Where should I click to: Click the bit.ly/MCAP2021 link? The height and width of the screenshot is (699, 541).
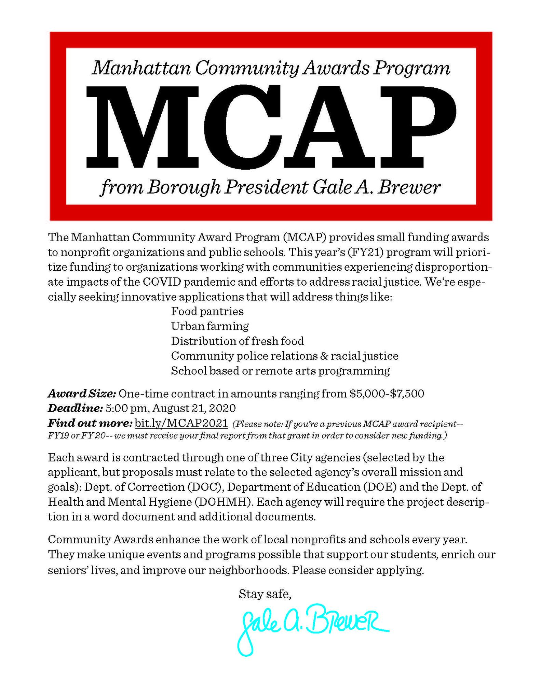pyautogui.click(x=181, y=423)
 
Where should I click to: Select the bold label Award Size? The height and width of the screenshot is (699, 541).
pyautogui.click(x=82, y=394)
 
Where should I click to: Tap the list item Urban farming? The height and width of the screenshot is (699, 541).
pyautogui.click(x=210, y=326)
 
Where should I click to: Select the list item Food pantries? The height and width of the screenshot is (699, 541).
pyautogui.click(x=207, y=311)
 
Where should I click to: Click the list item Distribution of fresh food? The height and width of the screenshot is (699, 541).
pyautogui.click(x=237, y=341)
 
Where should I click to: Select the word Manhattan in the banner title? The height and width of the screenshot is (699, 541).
pyautogui.click(x=141, y=68)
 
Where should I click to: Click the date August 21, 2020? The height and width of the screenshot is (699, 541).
pyautogui.click(x=194, y=408)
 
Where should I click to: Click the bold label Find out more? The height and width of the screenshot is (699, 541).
pyautogui.click(x=90, y=423)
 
